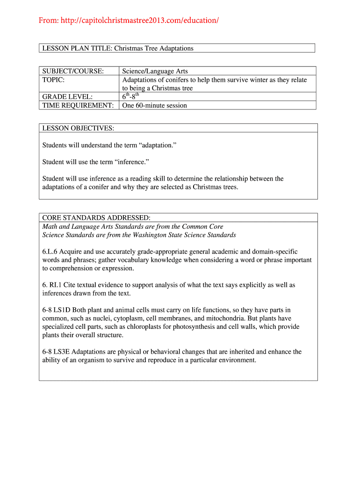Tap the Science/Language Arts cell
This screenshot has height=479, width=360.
click(x=155, y=71)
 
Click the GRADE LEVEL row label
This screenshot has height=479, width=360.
click(x=67, y=97)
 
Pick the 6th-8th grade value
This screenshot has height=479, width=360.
click(x=131, y=97)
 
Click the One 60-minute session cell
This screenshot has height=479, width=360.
click(x=154, y=105)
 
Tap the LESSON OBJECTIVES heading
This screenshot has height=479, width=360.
click(x=78, y=128)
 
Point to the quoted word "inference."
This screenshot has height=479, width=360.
click(x=137, y=162)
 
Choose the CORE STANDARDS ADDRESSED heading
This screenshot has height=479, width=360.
click(x=96, y=218)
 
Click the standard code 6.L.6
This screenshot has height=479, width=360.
click(x=50, y=252)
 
